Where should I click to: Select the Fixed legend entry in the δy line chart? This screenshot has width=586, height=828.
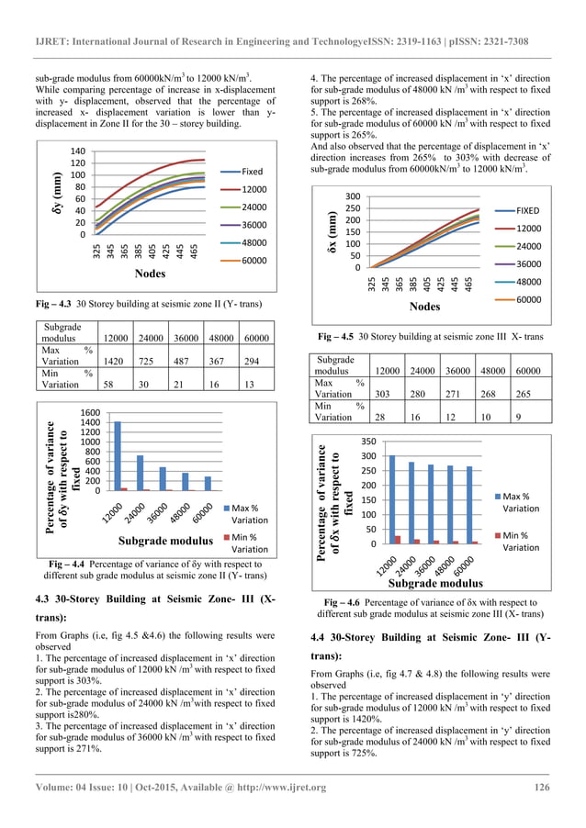coord(251,171)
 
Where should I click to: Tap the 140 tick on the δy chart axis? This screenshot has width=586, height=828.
coord(76,151)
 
